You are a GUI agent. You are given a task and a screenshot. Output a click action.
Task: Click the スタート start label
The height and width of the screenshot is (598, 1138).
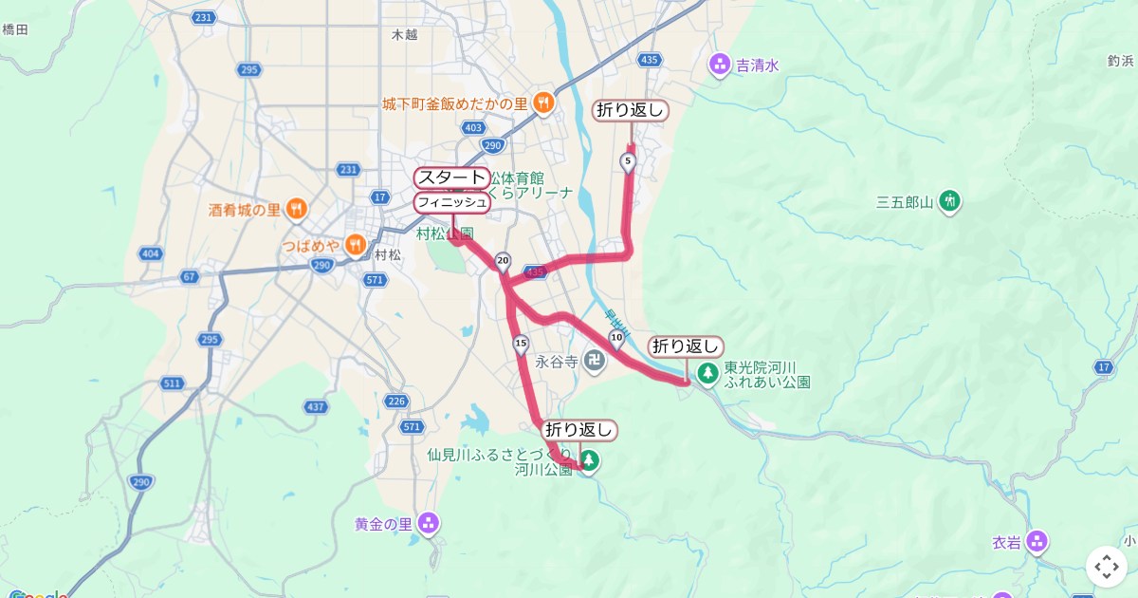coord(451,178)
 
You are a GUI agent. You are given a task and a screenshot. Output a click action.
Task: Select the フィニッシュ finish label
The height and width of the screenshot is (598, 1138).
coord(452,202)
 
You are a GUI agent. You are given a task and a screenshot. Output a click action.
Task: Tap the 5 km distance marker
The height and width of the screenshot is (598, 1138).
coord(628,162)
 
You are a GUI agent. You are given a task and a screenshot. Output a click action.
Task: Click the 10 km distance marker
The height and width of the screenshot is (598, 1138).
coord(616,337)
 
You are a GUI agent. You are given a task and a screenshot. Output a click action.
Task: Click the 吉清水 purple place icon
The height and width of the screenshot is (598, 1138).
coord(720,65)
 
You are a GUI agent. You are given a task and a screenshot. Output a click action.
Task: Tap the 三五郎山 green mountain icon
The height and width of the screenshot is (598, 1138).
coord(949,201)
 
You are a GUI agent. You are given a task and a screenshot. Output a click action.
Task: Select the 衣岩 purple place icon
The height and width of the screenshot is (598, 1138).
coord(1037,541)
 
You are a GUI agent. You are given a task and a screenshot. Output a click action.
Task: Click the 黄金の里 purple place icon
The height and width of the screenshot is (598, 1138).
coord(430,523)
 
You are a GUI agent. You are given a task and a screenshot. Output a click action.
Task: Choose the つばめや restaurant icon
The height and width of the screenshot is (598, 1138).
coord(356,245)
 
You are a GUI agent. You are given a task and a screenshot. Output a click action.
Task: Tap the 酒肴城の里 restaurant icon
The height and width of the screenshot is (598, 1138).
coord(296,209)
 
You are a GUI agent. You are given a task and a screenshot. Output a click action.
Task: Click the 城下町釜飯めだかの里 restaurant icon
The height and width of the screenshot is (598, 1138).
coord(543,103)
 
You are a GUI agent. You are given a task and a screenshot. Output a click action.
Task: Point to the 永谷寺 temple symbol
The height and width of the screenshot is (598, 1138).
coord(594,361)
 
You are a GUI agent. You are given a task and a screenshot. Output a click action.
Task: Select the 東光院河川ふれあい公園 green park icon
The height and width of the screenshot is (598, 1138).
coord(707,373)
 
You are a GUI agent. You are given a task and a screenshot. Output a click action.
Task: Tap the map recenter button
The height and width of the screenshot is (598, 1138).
coord(1107,567)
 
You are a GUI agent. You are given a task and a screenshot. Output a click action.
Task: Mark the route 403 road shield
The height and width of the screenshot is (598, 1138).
coord(475,127)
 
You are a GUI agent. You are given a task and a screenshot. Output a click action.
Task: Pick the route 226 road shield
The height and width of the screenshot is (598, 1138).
coord(396,401)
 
